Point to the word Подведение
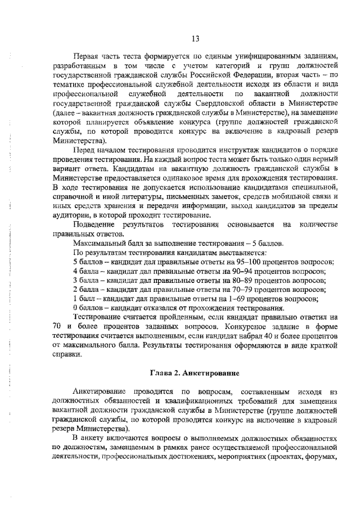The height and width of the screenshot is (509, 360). coord(94,225)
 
